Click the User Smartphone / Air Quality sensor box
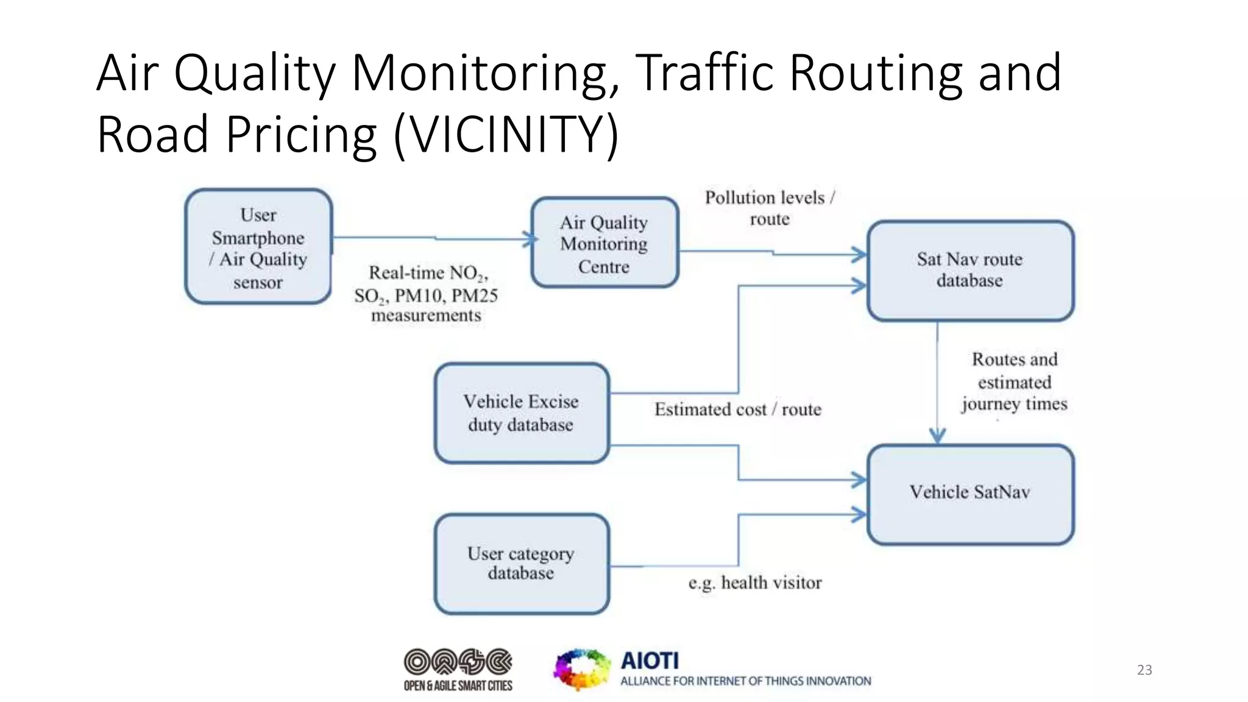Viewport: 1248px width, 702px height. click(x=258, y=246)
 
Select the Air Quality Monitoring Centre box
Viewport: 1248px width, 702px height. click(x=604, y=243)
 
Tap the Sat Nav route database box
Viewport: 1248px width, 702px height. click(x=970, y=271)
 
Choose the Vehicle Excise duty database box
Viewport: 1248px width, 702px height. click(x=522, y=413)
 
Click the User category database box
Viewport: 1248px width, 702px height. click(x=522, y=564)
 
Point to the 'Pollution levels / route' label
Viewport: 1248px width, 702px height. click(x=770, y=208)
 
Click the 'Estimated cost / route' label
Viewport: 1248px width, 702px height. click(x=738, y=409)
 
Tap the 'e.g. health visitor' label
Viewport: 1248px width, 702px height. click(x=755, y=583)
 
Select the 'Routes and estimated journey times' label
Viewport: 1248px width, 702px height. click(x=1015, y=381)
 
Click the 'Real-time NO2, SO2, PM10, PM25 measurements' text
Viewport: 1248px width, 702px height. click(x=426, y=294)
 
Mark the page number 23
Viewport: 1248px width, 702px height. click(x=1144, y=670)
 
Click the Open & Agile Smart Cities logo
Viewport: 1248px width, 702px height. click(x=458, y=669)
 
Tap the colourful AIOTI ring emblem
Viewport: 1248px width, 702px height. click(x=581, y=669)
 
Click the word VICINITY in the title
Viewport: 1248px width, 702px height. click(x=506, y=134)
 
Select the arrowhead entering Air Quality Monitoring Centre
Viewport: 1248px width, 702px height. click(x=530, y=239)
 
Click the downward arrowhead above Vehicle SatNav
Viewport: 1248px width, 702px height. click(x=937, y=436)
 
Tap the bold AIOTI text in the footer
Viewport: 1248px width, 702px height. click(x=650, y=661)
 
